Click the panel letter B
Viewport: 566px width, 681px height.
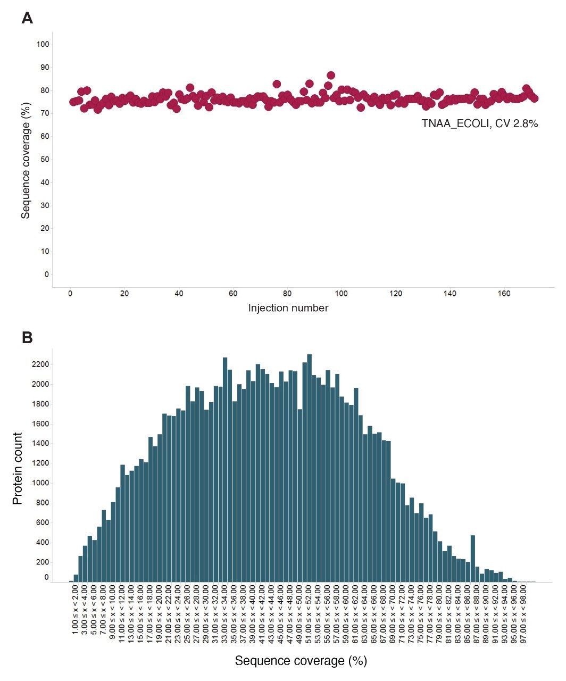point(27,337)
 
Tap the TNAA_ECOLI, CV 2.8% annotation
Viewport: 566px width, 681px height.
point(480,124)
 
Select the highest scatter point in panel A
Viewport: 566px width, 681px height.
point(330,75)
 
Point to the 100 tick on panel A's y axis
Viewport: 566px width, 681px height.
point(43,44)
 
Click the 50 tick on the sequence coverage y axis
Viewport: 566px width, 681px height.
point(44,160)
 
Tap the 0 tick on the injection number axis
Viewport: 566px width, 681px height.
point(70,294)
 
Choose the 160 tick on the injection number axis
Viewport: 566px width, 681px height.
point(504,294)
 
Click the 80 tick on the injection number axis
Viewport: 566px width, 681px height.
point(287,294)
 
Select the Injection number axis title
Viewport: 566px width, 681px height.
point(288,308)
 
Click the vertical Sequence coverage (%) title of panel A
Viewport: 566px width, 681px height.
point(26,159)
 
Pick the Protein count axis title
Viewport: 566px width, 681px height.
point(18,468)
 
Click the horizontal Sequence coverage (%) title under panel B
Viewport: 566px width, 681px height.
point(301,661)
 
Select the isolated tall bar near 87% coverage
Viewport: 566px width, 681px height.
point(472,559)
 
